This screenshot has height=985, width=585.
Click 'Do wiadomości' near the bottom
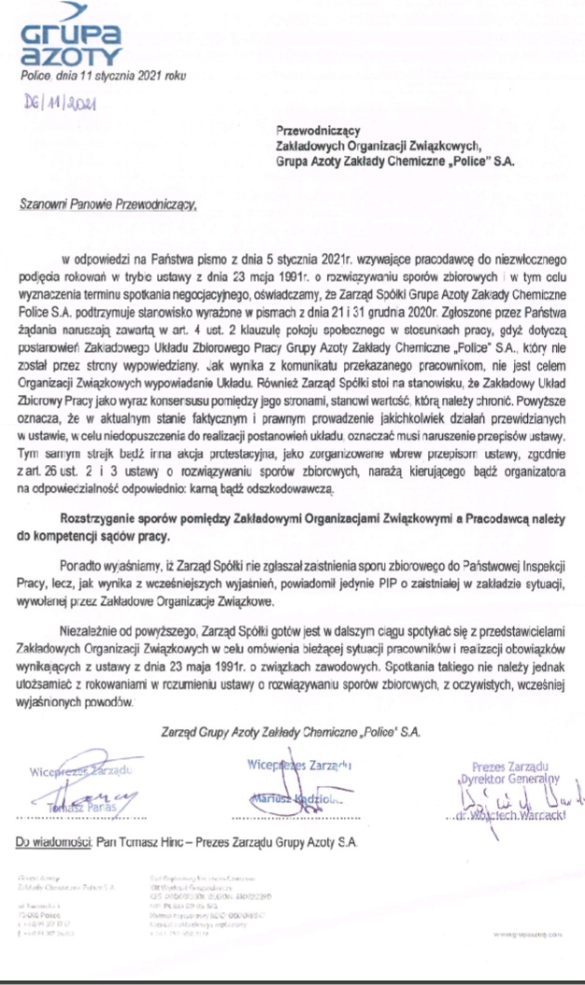coord(54,842)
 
